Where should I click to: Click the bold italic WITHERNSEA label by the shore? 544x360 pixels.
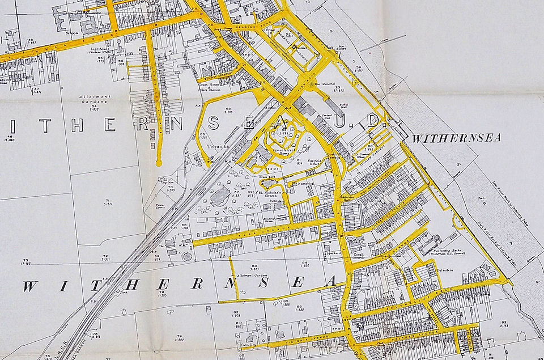pos(456,138)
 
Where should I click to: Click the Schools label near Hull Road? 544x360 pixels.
pos(71,33)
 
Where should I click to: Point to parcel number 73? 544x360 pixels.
pos(26,261)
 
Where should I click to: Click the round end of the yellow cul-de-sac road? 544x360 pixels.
pos(159,163)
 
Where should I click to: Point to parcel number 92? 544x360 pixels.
pos(505,324)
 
